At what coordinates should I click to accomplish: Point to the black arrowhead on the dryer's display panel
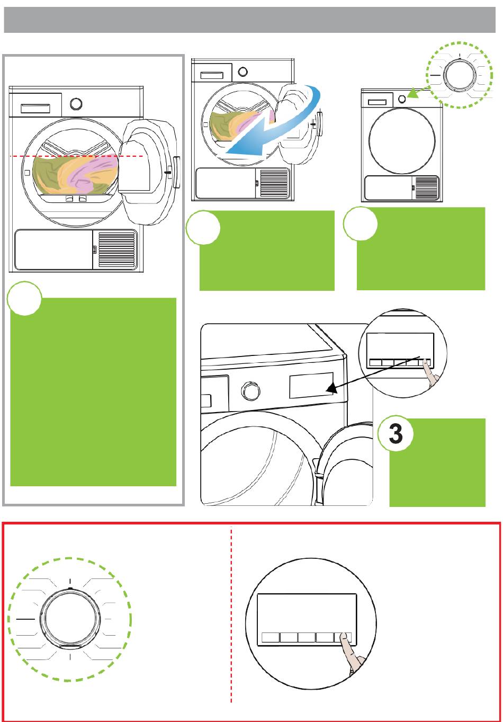coord(330,389)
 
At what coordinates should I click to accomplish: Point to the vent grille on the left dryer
coord(117,249)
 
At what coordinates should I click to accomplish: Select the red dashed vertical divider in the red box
coord(232,614)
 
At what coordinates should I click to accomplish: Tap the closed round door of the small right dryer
coord(402,141)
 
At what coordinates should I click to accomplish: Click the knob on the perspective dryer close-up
coord(248,392)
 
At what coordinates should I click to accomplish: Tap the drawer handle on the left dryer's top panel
coord(35,108)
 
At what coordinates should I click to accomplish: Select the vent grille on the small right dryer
coord(427,188)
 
